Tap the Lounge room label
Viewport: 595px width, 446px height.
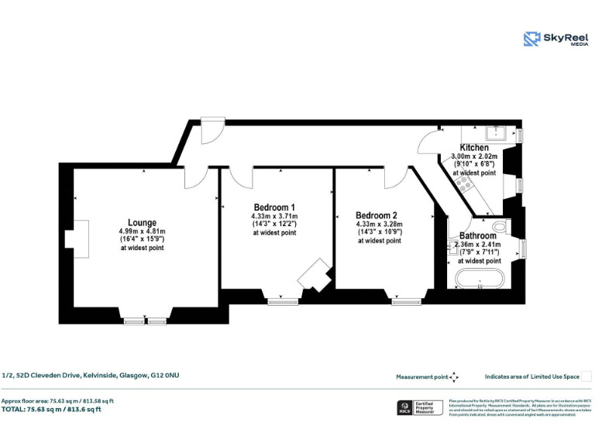[x=142, y=222]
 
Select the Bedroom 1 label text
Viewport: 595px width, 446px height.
[x=274, y=207]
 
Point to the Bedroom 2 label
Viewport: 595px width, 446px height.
[x=377, y=215]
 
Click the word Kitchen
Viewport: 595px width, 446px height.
[x=474, y=147]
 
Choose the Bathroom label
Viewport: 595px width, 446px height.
[x=478, y=235]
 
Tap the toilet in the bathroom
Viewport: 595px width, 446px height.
[x=499, y=226]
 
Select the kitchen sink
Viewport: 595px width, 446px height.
[x=496, y=132]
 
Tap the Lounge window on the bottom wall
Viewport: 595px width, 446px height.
[x=146, y=321]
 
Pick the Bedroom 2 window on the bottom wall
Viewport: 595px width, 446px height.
[x=406, y=302]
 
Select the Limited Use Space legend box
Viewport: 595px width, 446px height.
[x=586, y=376]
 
